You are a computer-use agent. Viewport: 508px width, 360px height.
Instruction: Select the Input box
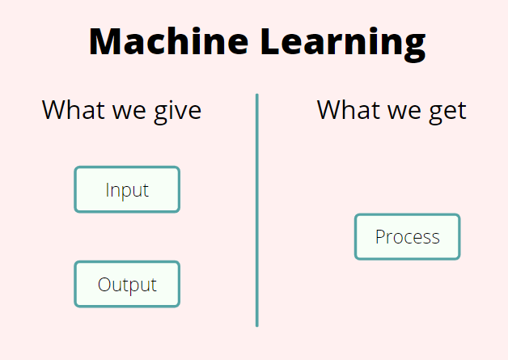coord(127,190)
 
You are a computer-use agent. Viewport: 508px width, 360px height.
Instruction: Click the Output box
coord(127,285)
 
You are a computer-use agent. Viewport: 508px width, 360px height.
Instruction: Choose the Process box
coord(407,237)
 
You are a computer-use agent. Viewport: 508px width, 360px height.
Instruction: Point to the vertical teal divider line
coord(257,210)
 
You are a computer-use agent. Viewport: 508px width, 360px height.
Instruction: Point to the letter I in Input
coord(108,190)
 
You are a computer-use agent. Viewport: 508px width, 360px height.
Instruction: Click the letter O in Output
coord(104,285)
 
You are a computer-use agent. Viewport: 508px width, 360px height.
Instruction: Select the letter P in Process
coord(380,237)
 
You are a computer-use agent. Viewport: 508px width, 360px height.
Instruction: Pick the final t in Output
coord(153,285)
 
